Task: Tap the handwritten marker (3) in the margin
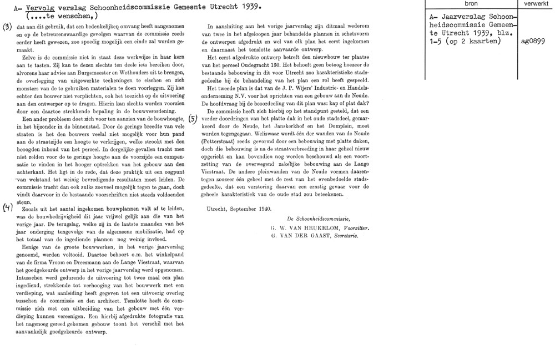(7, 27)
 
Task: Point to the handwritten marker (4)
(7, 209)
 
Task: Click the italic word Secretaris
(345, 235)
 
